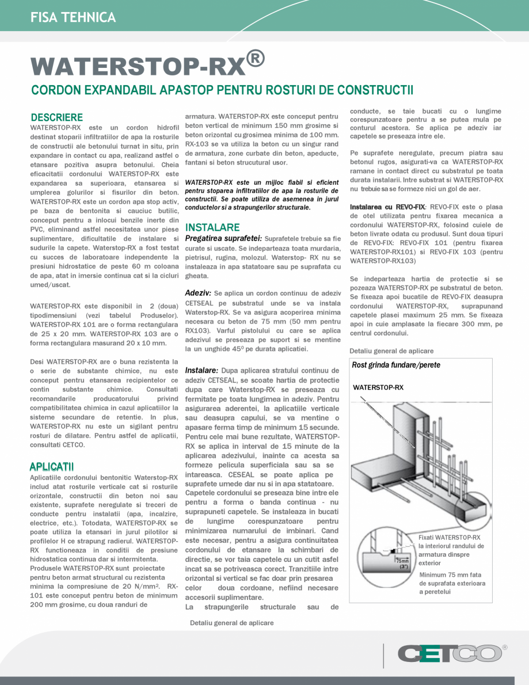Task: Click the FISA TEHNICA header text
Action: point(73,17)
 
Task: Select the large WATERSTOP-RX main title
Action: point(139,66)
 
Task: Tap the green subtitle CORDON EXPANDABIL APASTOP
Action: point(222,90)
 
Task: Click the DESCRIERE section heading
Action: point(56,117)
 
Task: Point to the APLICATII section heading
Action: point(51,466)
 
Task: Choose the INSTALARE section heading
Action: point(212,227)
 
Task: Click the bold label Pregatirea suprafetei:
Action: point(223,238)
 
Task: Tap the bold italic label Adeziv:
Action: point(198,293)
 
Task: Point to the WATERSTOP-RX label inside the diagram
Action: point(378,387)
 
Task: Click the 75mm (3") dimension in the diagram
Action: point(402,563)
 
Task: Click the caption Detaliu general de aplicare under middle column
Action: point(231,623)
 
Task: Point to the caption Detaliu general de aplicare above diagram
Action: point(391,351)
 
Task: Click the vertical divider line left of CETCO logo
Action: point(383,656)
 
